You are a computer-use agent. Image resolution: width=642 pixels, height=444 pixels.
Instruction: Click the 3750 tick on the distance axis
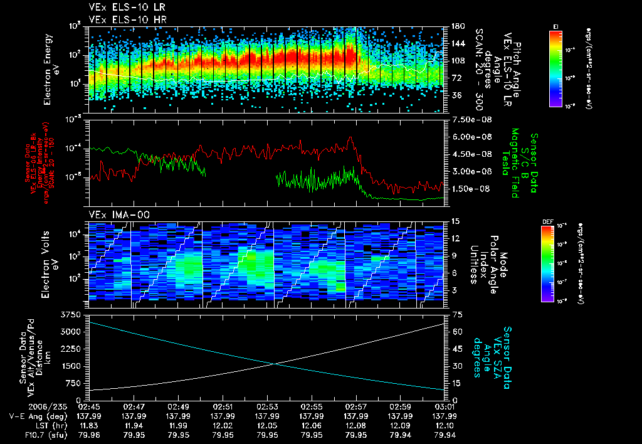(x=71, y=314)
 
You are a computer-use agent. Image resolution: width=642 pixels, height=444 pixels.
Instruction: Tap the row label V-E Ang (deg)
(x=33, y=416)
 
